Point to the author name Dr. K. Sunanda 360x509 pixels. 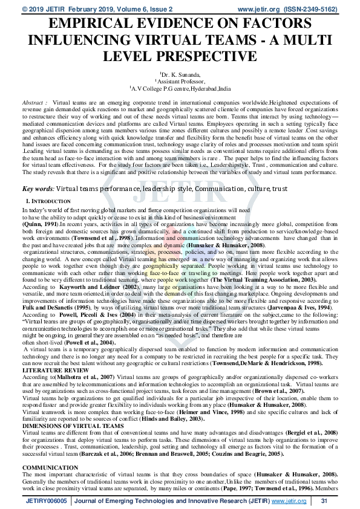[x=180, y=73]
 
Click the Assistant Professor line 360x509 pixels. [x=181, y=80]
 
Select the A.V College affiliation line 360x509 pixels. [x=180, y=88]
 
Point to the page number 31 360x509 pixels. [x=324, y=501]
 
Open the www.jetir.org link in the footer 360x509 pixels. [x=287, y=501]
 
